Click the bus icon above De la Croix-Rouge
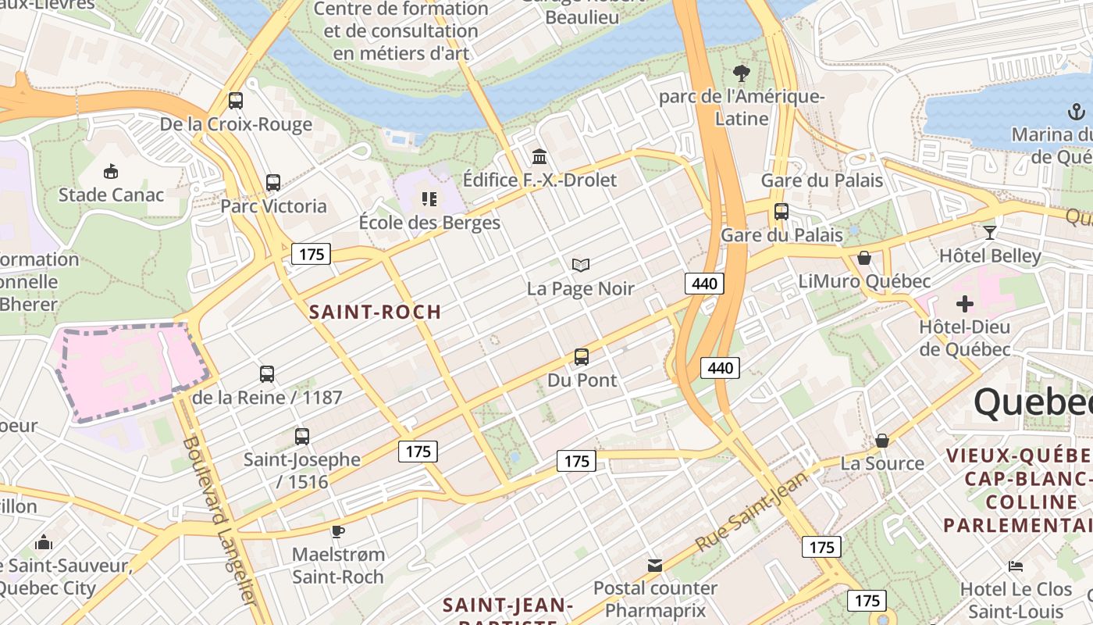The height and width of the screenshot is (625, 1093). click(x=236, y=101)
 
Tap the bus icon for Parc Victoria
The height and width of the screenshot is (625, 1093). click(x=272, y=183)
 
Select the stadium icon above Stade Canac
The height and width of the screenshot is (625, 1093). click(x=111, y=171)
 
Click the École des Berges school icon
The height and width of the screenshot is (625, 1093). click(x=429, y=199)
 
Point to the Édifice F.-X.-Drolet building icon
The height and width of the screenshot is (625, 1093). click(x=539, y=156)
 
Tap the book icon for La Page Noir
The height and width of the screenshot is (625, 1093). click(x=580, y=266)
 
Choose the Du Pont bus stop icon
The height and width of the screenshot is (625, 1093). click(x=582, y=357)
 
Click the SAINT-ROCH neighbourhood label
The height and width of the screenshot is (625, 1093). click(x=376, y=312)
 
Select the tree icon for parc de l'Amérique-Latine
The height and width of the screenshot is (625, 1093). click(x=742, y=73)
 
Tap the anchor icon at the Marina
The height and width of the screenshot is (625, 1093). click(x=1077, y=112)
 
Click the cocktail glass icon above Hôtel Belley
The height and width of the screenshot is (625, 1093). click(x=990, y=232)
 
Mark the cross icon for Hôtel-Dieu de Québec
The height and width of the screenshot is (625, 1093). click(x=965, y=303)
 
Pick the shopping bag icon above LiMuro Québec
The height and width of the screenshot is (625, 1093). click(x=864, y=258)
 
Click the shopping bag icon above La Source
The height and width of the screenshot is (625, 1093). click(x=882, y=441)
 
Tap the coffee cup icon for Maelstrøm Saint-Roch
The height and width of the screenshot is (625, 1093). click(x=337, y=531)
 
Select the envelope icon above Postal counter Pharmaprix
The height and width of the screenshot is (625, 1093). click(x=655, y=565)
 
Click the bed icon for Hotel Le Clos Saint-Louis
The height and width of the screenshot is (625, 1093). click(x=1015, y=566)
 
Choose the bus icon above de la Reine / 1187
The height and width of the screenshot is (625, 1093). click(x=267, y=374)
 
